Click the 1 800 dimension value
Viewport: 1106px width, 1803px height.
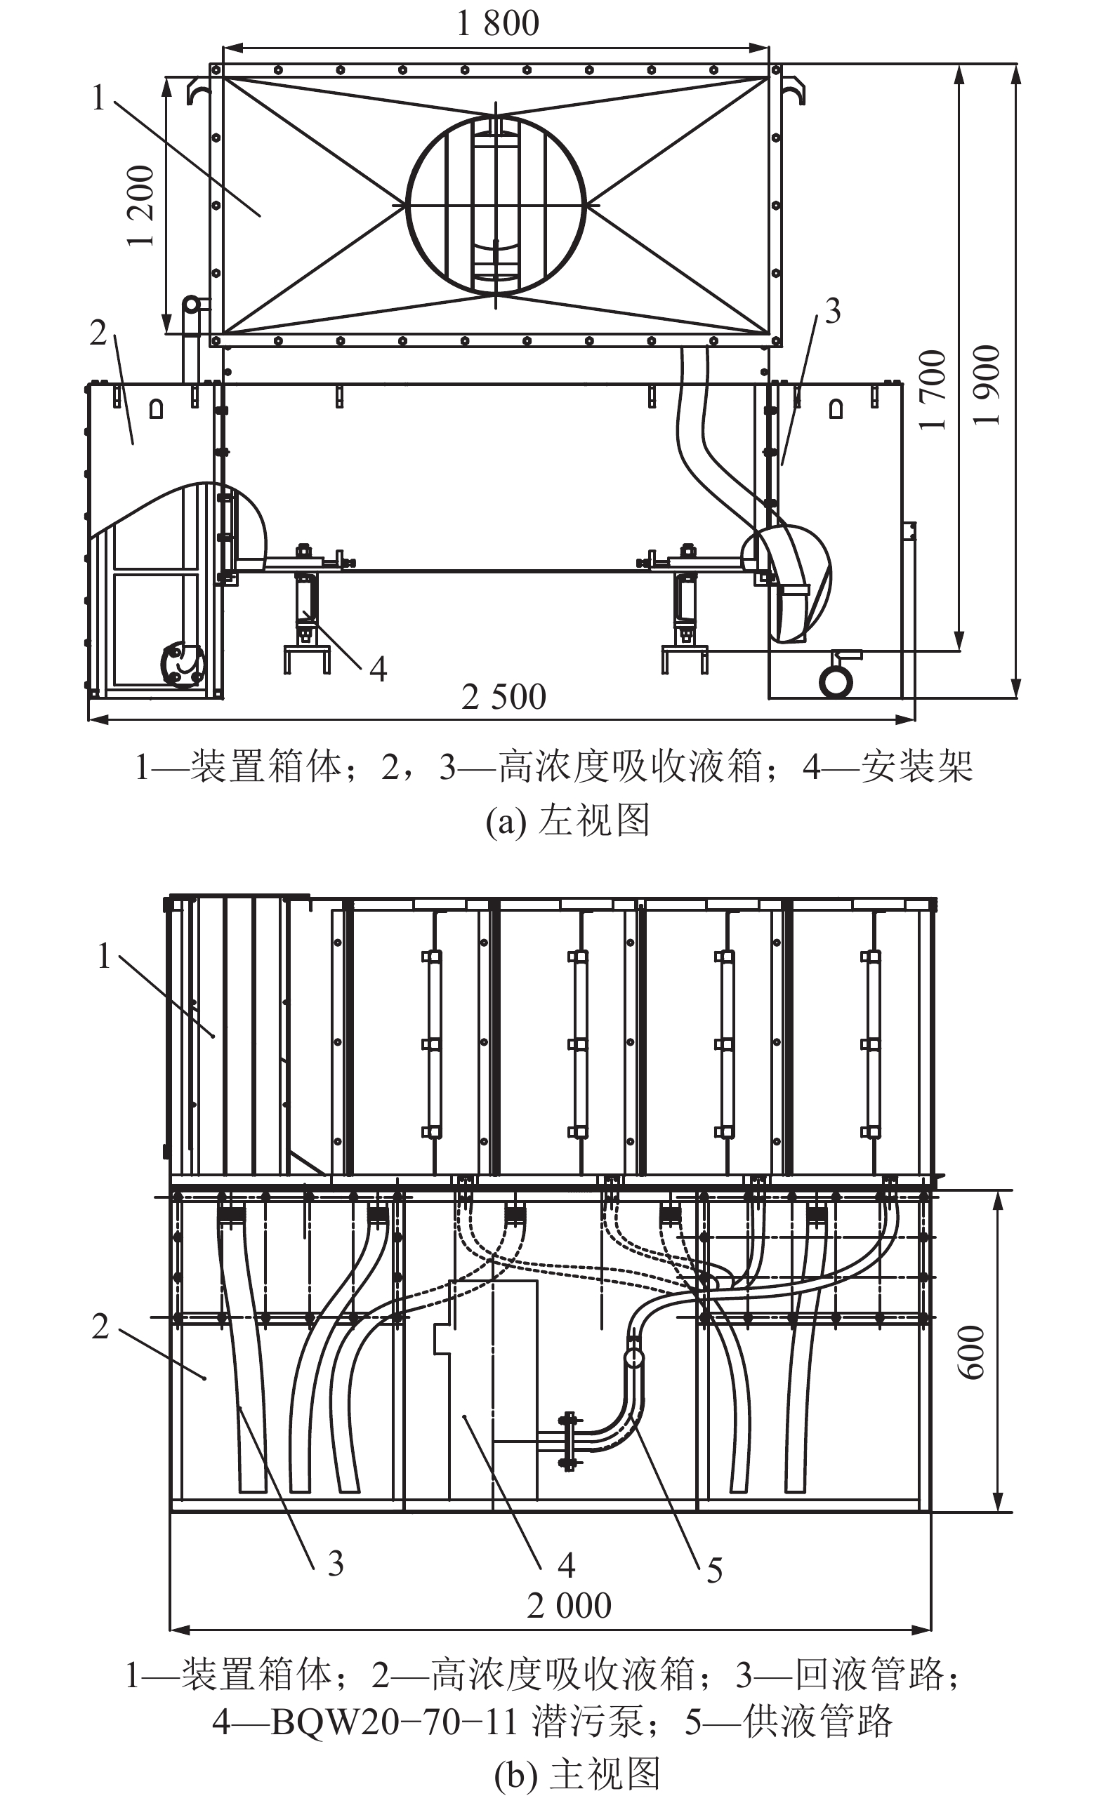tap(498, 23)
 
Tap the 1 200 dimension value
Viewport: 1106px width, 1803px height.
tap(141, 206)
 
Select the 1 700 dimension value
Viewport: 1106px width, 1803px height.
tap(933, 390)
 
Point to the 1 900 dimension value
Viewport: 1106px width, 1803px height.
tap(987, 385)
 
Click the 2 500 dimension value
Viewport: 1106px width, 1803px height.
tap(503, 697)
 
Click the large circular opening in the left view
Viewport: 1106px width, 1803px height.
tap(496, 206)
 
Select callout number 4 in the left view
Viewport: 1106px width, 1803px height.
tap(378, 669)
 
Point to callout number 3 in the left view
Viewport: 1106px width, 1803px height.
tap(833, 312)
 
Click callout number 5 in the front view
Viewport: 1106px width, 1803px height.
tap(714, 1570)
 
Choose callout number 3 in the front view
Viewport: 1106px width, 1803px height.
tap(335, 1563)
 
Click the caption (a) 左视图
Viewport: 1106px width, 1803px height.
tap(567, 820)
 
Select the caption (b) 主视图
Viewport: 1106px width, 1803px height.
tap(577, 1774)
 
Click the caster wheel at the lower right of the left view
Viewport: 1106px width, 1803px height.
tap(836, 681)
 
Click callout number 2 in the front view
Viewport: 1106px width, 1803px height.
tap(100, 1326)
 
